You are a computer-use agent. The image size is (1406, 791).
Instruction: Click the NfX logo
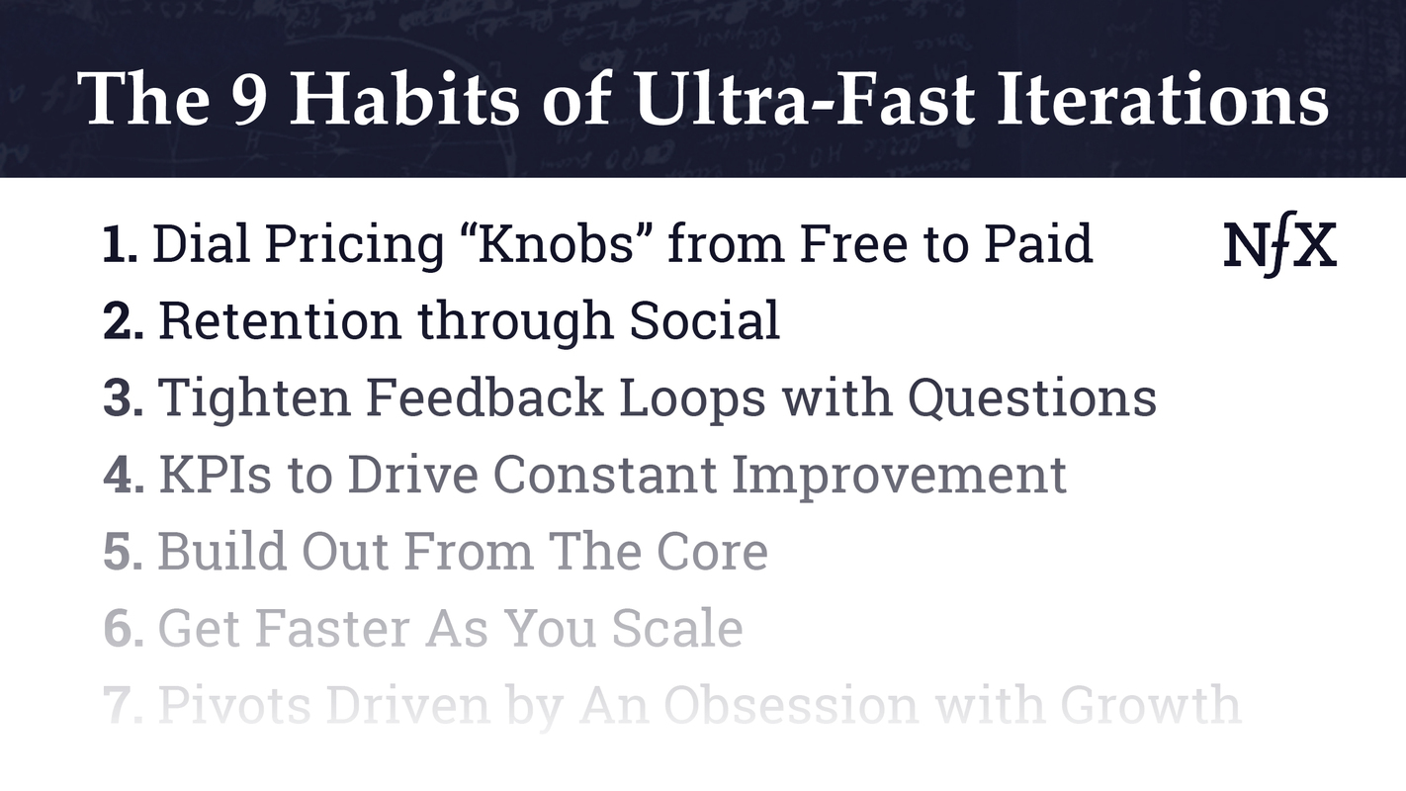1279,247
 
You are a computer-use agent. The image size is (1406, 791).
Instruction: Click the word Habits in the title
400,101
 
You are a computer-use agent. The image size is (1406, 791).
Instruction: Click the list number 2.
123,321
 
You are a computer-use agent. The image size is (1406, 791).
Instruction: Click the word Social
704,320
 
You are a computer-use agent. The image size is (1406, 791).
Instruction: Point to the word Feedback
484,397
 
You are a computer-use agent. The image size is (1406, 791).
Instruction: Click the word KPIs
215,475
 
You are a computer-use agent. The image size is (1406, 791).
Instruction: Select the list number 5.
123,552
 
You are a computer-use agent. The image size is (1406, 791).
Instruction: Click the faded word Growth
1149,705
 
